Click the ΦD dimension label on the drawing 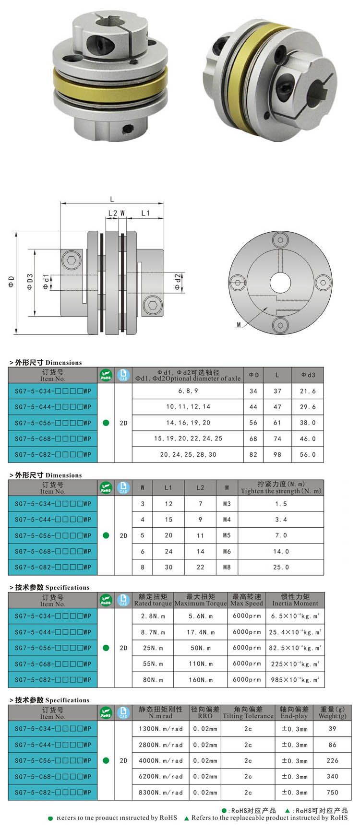pyautogui.click(x=11, y=283)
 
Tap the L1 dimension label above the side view pyautogui.click(x=145, y=213)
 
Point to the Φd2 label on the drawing pyautogui.click(x=178, y=282)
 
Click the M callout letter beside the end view pyautogui.click(x=239, y=325)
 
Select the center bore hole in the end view pyautogui.click(x=280, y=283)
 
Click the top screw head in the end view pyautogui.click(x=280, y=240)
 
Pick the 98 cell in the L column pyautogui.click(x=277, y=454)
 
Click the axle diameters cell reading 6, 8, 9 pyautogui.click(x=188, y=391)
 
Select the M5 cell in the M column pyautogui.click(x=227, y=535)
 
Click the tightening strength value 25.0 pyautogui.click(x=281, y=567)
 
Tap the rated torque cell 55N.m pyautogui.click(x=153, y=664)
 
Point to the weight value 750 pyautogui.click(x=332, y=793)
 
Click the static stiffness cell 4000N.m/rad pyautogui.click(x=161, y=761)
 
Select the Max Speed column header pyautogui.click(x=247, y=600)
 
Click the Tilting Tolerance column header pyautogui.click(x=248, y=713)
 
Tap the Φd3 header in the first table pyautogui.click(x=308, y=375)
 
